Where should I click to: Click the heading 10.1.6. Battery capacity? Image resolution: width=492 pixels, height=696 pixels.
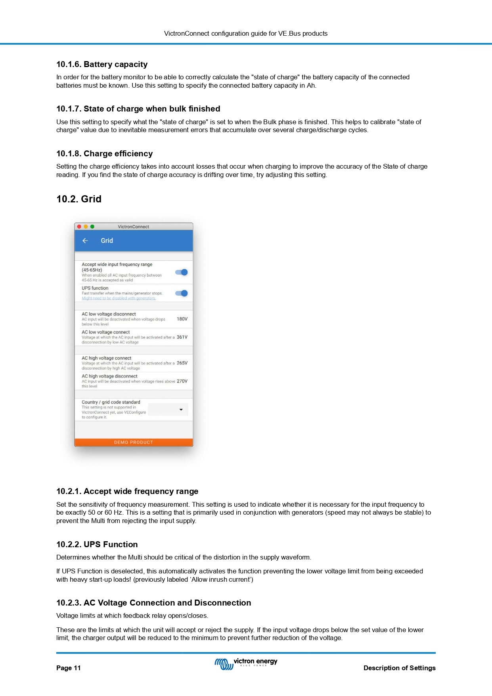[x=102, y=64]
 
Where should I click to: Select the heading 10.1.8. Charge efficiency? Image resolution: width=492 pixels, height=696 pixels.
[x=104, y=154]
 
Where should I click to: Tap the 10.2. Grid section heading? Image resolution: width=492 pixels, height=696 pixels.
[x=79, y=199]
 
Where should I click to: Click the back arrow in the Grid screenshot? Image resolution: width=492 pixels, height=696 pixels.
[x=85, y=240]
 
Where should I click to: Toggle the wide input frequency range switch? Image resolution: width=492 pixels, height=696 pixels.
[x=182, y=272]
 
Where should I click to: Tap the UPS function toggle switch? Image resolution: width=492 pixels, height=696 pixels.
[x=182, y=293]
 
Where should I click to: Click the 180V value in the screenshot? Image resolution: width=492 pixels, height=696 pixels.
[x=182, y=319]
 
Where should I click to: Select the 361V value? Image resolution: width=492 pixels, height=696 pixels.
[x=182, y=337]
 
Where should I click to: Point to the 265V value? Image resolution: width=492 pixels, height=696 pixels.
[x=182, y=363]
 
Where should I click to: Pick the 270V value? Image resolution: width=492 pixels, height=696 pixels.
[x=182, y=381]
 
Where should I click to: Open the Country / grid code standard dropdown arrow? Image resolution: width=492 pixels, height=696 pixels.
[x=181, y=410]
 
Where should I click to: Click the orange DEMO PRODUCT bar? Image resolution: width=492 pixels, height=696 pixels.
[x=134, y=442]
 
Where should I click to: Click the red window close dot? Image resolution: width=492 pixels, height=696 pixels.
[x=79, y=227]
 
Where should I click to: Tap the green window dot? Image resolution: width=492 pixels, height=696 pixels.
[x=92, y=227]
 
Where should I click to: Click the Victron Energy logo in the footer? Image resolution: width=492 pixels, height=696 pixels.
[x=246, y=663]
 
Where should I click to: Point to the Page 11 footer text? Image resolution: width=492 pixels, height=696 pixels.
[x=68, y=668]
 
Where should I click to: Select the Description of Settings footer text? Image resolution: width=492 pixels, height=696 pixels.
[x=399, y=668]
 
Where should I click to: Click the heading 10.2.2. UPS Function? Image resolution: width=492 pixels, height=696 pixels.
[x=97, y=544]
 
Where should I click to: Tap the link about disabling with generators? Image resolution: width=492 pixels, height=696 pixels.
[x=119, y=298]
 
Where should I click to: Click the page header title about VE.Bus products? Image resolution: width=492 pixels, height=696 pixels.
[x=246, y=33]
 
